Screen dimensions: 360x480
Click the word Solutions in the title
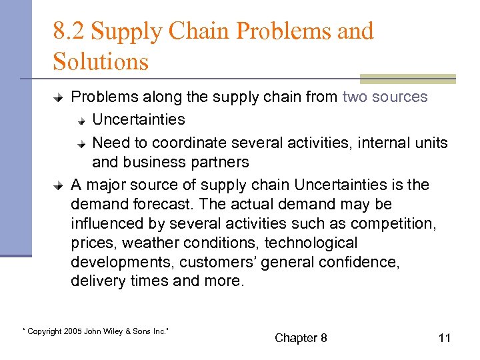click(101, 62)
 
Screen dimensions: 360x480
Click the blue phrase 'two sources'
click(385, 97)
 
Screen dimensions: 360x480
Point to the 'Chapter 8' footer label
click(301, 338)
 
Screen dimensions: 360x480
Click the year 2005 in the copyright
click(73, 331)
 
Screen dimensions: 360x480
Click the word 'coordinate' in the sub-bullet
click(184, 143)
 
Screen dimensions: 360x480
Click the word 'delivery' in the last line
click(94, 281)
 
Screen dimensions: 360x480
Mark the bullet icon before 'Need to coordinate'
click(80, 143)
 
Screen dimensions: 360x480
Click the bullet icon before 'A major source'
click(59, 185)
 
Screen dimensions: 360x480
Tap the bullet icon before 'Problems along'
click(59, 97)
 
